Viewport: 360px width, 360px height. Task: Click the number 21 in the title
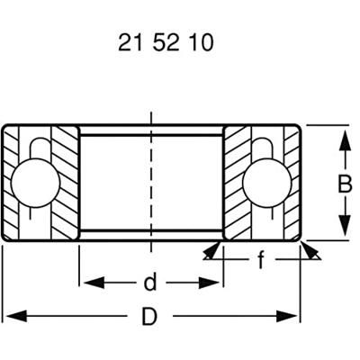click(129, 43)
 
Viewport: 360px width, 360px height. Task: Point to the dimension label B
click(344, 184)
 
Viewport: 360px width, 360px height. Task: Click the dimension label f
click(261, 263)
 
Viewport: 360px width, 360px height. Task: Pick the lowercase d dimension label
click(150, 283)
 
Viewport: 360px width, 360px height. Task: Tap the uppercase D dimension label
click(150, 317)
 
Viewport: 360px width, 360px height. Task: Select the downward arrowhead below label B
click(344, 230)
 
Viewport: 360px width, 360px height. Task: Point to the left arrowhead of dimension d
click(86, 283)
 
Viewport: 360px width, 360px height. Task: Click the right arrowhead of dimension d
click(216, 283)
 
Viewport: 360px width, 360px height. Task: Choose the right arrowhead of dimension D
click(292, 317)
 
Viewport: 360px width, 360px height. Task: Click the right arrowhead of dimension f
click(310, 251)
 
